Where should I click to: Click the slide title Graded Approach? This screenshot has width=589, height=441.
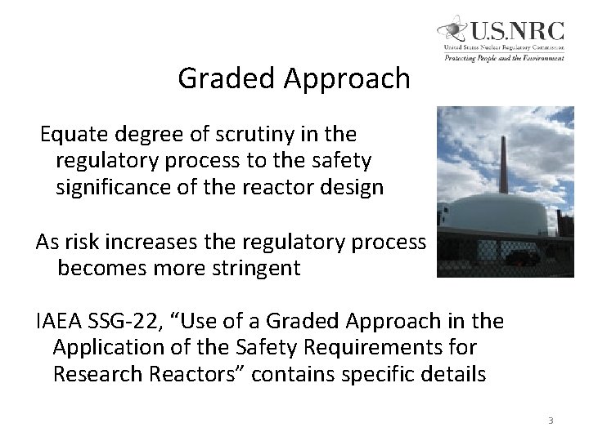pyautogui.click(x=294, y=78)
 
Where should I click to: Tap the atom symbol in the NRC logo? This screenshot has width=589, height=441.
pyautogui.click(x=452, y=31)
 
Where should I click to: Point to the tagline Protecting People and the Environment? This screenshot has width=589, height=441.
pyautogui.click(x=504, y=58)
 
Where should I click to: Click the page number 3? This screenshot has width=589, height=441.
pyautogui.click(x=551, y=421)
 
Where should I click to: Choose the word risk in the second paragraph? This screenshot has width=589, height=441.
pyautogui.click(x=83, y=241)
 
